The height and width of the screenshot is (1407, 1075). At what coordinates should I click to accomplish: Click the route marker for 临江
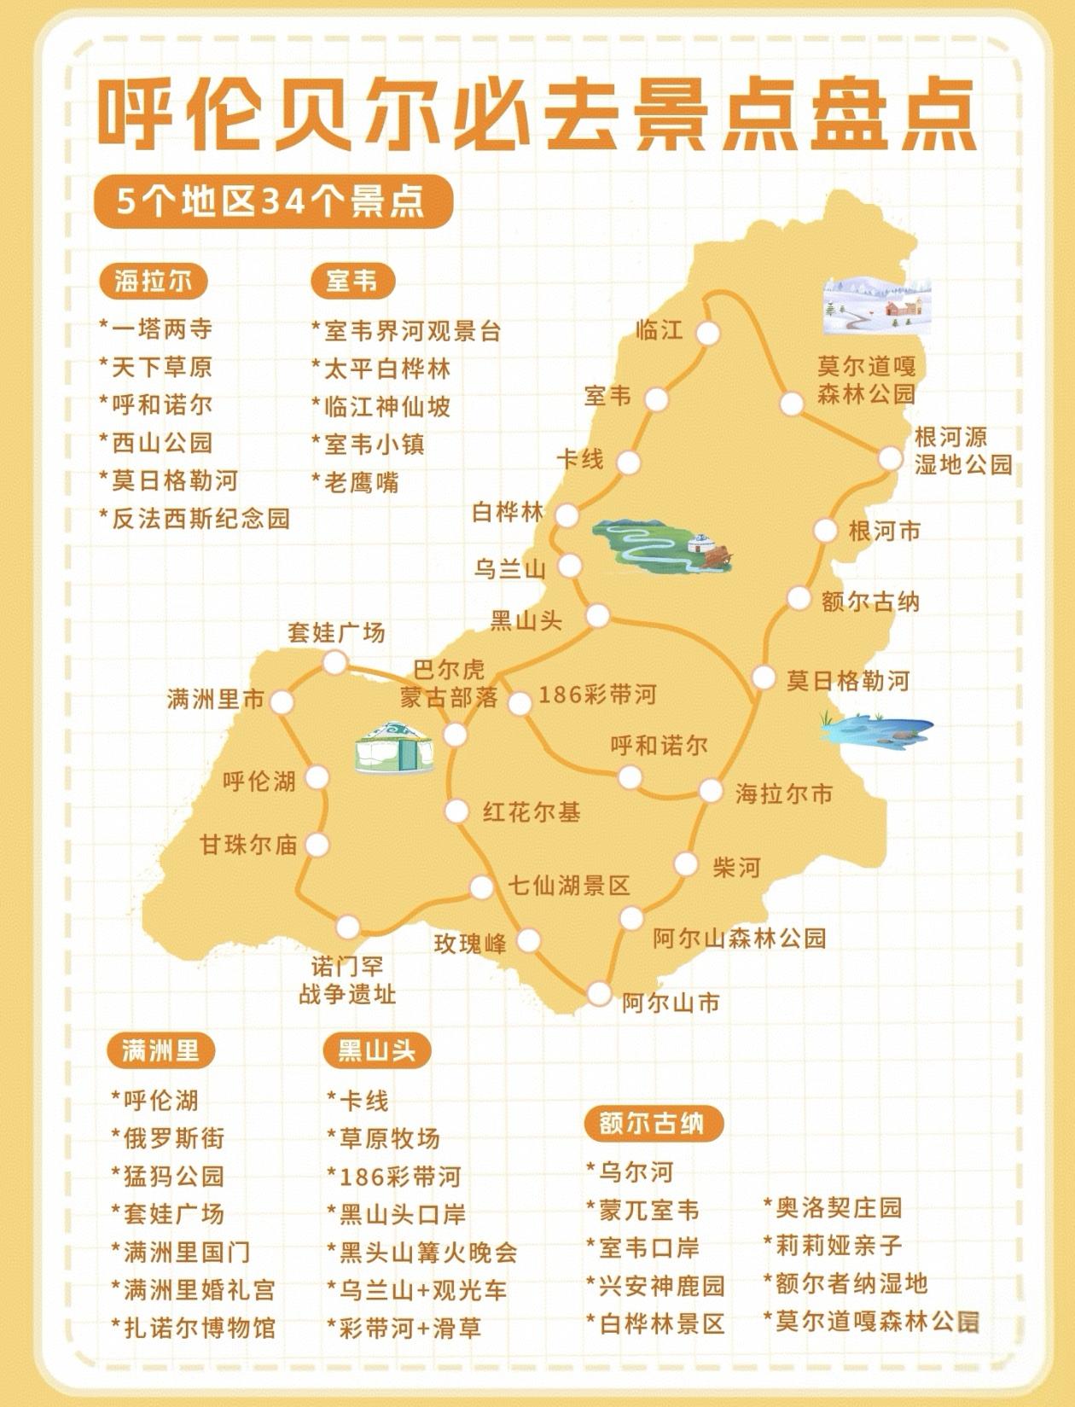(x=707, y=333)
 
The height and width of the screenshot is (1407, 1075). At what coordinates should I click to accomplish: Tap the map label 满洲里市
(x=216, y=701)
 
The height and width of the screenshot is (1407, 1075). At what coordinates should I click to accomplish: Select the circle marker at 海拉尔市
(x=711, y=791)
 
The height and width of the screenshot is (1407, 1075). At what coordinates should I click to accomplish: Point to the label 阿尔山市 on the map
(x=671, y=1003)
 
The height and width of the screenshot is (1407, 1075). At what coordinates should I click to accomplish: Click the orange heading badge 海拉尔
(x=154, y=281)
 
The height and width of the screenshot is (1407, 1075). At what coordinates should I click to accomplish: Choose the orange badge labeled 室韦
(x=352, y=281)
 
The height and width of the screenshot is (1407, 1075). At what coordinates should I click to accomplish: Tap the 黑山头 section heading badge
(x=376, y=1050)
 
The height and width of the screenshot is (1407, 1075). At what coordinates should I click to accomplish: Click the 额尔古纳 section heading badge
(x=654, y=1124)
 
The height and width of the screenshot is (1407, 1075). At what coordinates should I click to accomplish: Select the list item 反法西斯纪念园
(x=195, y=518)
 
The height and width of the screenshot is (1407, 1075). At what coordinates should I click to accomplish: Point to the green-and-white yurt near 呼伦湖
(x=393, y=747)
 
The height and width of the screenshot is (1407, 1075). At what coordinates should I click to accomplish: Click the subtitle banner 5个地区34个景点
(x=272, y=202)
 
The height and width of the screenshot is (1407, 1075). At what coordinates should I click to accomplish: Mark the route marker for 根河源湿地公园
(x=890, y=458)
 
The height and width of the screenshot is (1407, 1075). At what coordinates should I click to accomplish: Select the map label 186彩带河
(x=597, y=695)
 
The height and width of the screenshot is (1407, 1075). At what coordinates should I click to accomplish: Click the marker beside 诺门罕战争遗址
(x=348, y=926)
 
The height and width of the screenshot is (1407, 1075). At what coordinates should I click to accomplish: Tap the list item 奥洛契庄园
(x=833, y=1207)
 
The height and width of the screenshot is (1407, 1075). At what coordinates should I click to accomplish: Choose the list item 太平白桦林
(x=381, y=369)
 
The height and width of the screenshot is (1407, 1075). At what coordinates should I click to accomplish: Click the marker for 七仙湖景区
(x=482, y=887)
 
